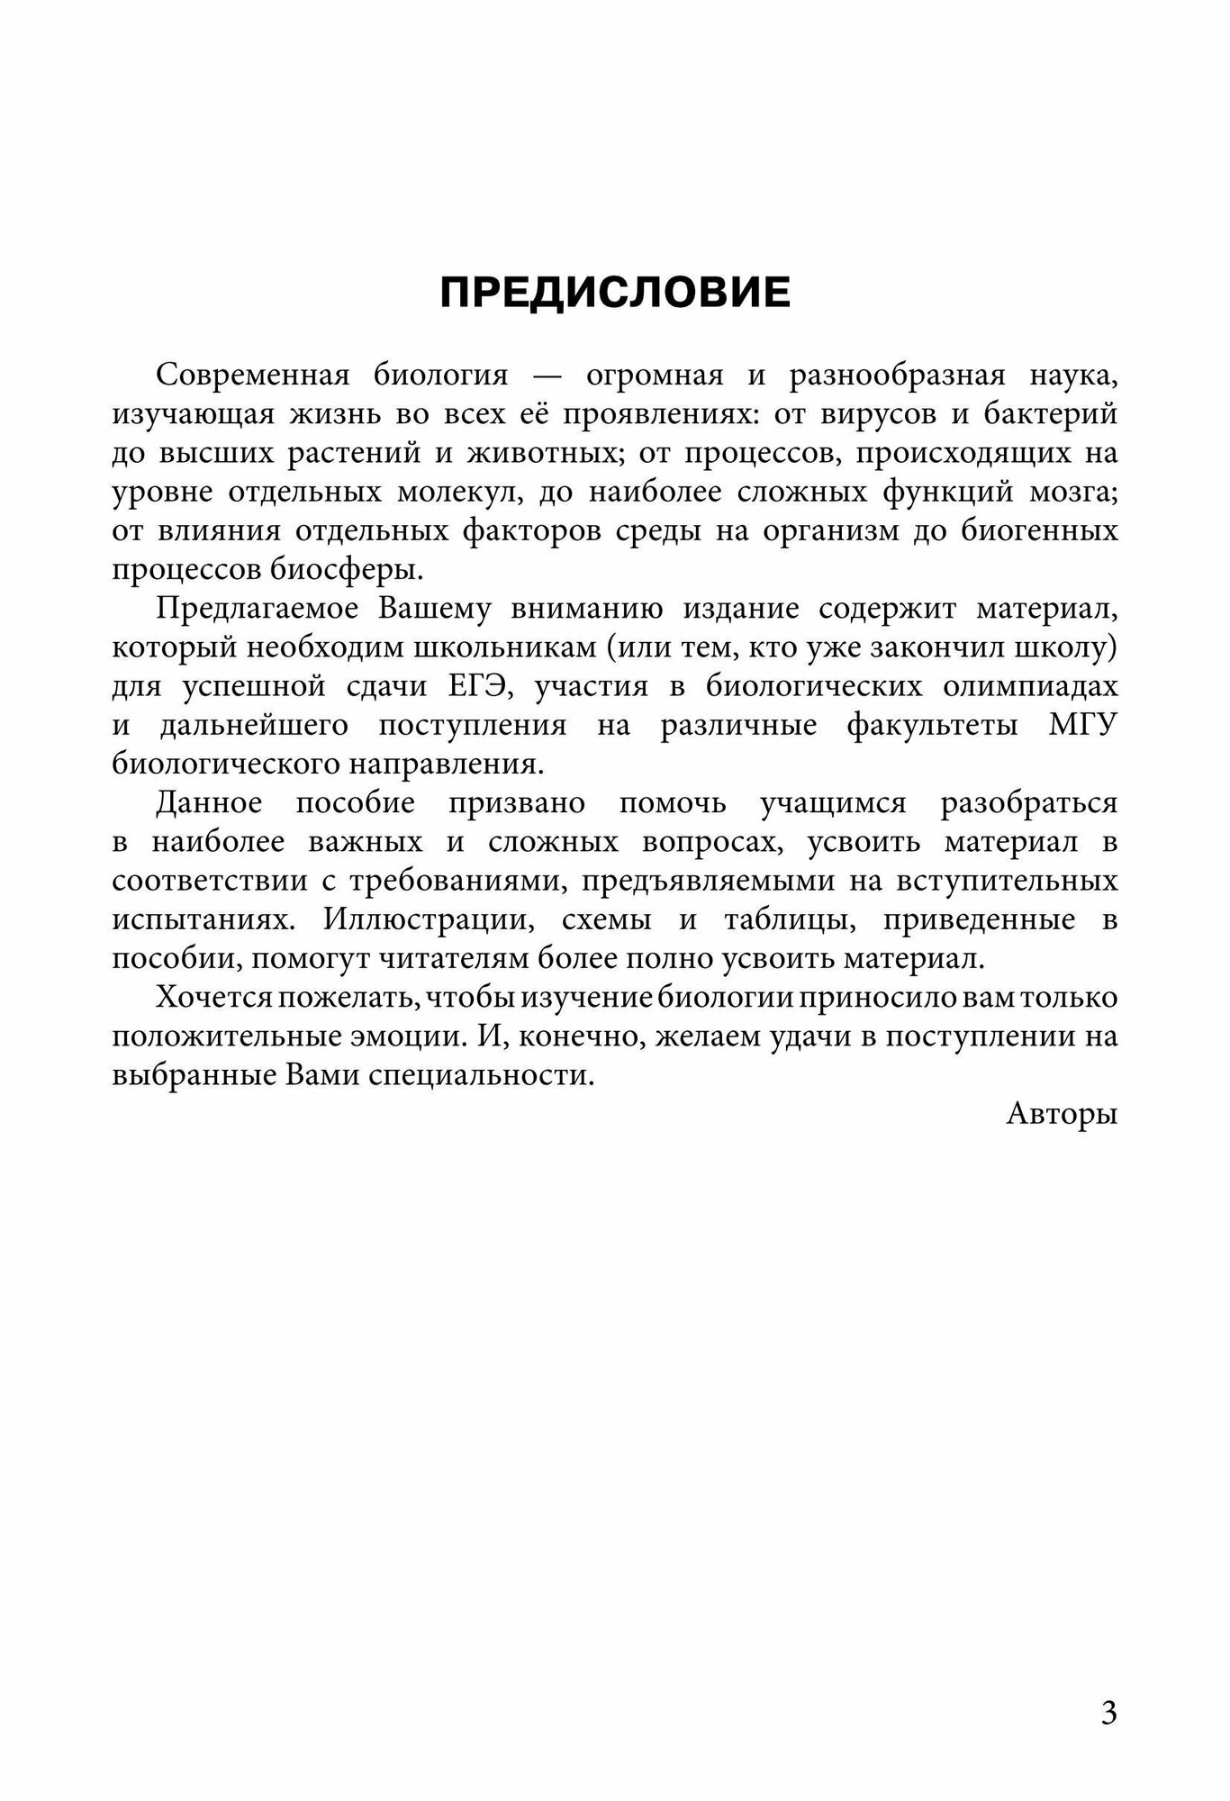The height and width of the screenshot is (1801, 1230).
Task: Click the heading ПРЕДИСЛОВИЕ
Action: pos(615,293)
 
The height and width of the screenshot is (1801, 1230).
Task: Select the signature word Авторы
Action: pos(1062,1115)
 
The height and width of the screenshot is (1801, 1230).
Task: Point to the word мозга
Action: pos(1081,492)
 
